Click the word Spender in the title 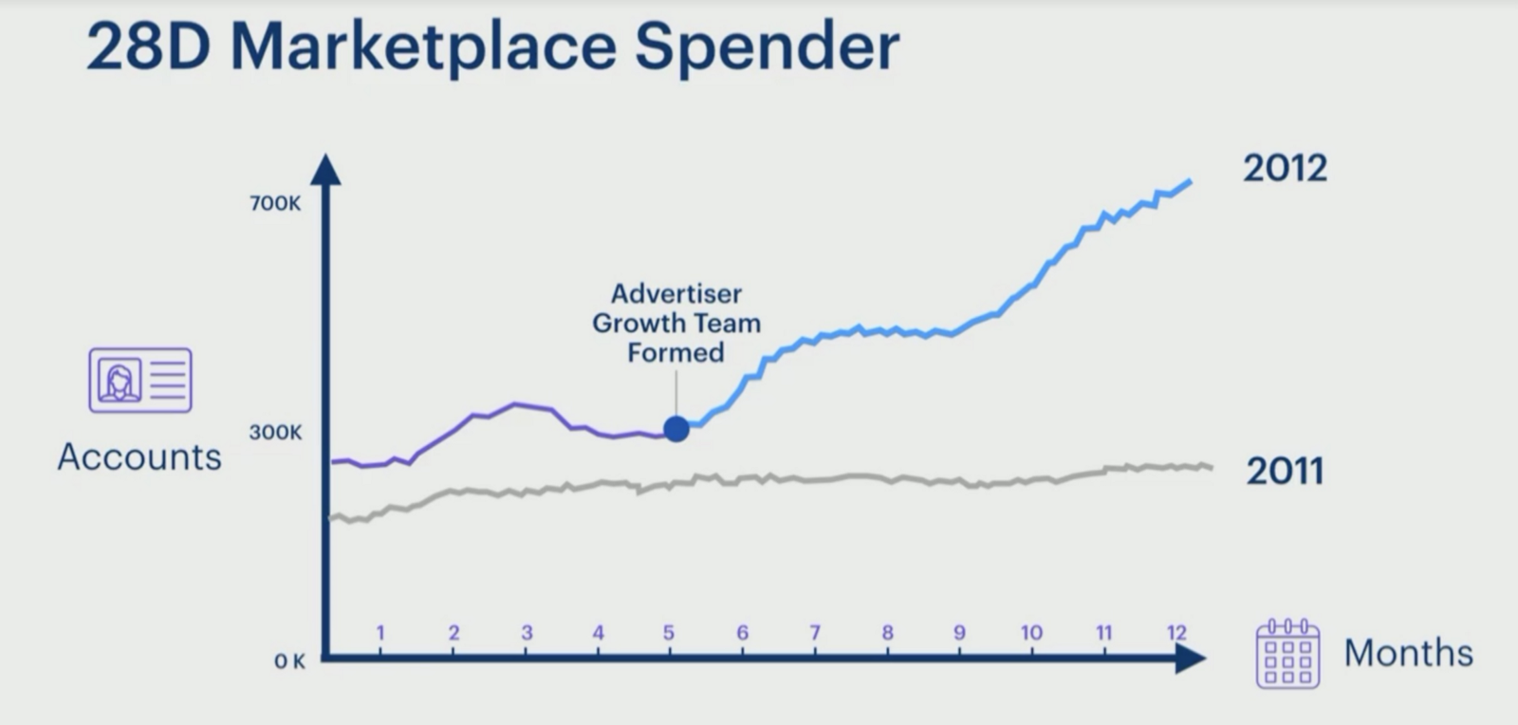click(x=767, y=47)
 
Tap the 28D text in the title click(x=149, y=47)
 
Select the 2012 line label click(x=1285, y=169)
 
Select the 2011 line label click(x=1285, y=471)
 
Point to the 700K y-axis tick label click(x=275, y=203)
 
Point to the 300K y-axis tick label click(x=275, y=432)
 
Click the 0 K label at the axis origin click(x=289, y=661)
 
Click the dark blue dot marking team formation click(x=676, y=429)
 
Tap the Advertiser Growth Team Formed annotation click(x=676, y=323)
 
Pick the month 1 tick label click(x=380, y=632)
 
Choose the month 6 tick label click(x=742, y=632)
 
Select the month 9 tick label click(x=959, y=632)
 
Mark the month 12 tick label click(x=1176, y=632)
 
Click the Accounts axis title click(x=139, y=457)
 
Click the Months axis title click(x=1409, y=653)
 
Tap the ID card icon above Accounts click(x=140, y=380)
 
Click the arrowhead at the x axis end click(x=1191, y=658)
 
